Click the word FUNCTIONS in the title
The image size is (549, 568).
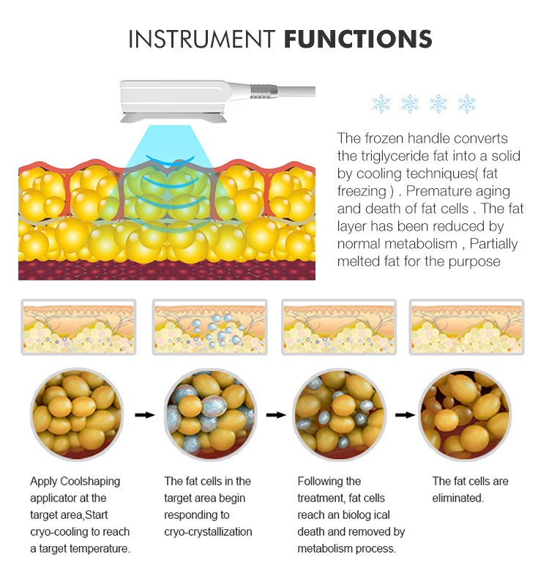pos(358,39)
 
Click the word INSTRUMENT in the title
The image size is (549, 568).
pos(202,39)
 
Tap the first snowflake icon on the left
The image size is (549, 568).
pos(381,104)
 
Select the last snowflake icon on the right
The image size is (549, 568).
pos(467,104)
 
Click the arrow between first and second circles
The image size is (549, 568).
pos(145,415)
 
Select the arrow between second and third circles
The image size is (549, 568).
pos(276,415)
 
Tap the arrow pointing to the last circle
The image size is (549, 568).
pos(405,415)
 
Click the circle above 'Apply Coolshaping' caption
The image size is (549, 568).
pos(77,414)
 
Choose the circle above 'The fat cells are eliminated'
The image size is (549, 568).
pos(465,414)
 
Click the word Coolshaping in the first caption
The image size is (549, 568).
pos(90,482)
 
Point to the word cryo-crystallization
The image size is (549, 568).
pos(208,532)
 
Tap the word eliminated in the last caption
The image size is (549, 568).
pos(458,498)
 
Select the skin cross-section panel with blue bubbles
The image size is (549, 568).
pos(210,327)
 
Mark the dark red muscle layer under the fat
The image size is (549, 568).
pos(167,270)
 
